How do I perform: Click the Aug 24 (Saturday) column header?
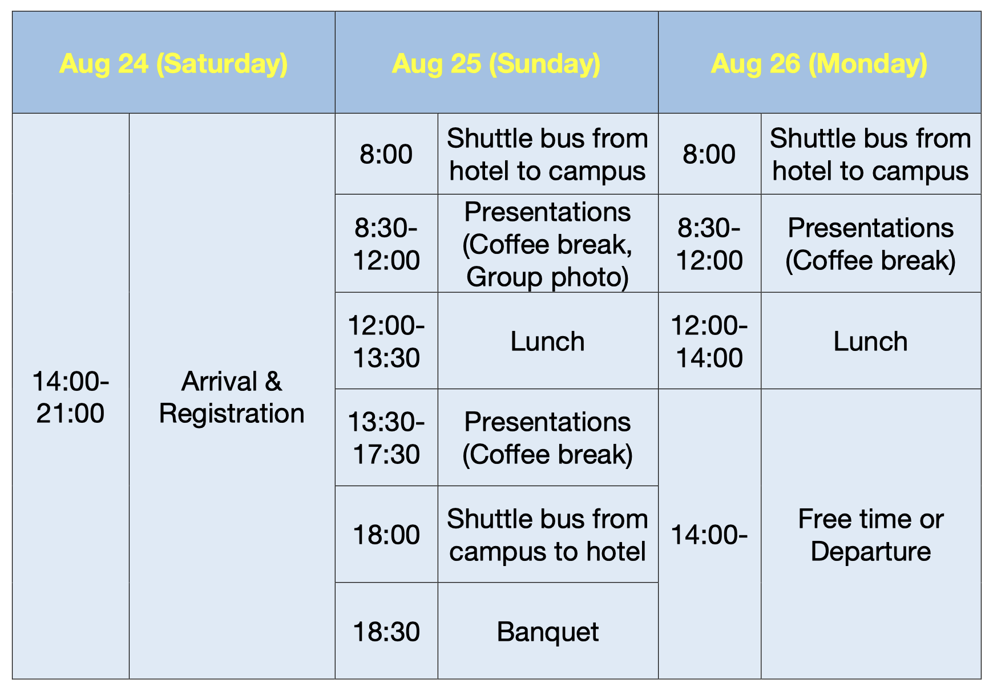pos(173,62)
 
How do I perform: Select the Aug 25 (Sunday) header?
pos(496,62)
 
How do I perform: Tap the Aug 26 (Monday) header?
pos(820,62)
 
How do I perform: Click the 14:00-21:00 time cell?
pos(71,396)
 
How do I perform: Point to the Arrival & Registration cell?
pos(232,396)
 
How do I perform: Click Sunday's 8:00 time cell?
pos(386,153)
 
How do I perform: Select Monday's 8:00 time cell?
pos(709,153)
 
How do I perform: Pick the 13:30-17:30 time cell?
pos(386,438)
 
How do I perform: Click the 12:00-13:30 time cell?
pos(386,341)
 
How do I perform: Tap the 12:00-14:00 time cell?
pos(709,341)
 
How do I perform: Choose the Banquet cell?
pos(548,631)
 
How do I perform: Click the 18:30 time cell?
pos(386,631)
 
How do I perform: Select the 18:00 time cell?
pos(386,534)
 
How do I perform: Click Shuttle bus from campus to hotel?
pos(548,534)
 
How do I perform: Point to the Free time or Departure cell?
pos(871,534)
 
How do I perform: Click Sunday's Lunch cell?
pos(548,341)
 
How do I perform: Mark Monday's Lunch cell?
pos(871,341)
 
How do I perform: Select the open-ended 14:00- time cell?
pos(709,534)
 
